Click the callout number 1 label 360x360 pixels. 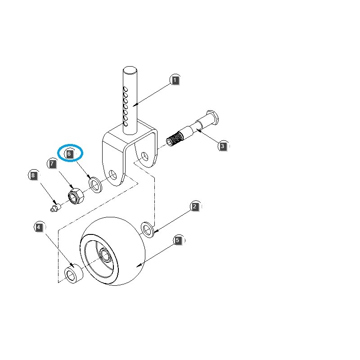(x=175, y=81)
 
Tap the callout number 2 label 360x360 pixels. (x=194, y=207)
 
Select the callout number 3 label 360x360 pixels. (x=222, y=146)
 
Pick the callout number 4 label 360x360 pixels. (x=39, y=228)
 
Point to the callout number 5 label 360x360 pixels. (x=178, y=241)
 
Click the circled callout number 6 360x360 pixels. (x=69, y=153)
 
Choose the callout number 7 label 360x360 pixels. (x=53, y=164)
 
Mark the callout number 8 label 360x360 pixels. (x=33, y=175)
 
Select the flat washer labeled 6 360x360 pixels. (x=95, y=184)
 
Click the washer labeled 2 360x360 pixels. (x=147, y=229)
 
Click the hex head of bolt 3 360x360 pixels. (x=211, y=117)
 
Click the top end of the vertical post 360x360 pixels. (x=130, y=70)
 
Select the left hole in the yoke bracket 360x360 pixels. (x=112, y=174)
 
